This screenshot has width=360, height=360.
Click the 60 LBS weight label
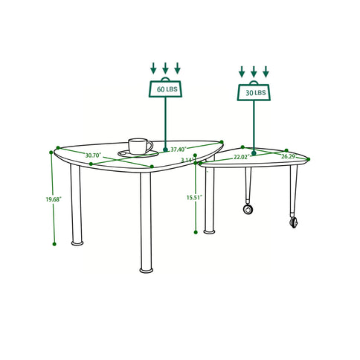coord(166,89)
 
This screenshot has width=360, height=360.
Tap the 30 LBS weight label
coord(254,93)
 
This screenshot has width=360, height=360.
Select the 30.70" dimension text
coord(93,155)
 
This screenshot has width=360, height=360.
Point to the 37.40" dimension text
coord(178,150)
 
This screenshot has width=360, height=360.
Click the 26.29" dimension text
coord(288,156)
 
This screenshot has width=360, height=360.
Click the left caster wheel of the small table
coord(246,210)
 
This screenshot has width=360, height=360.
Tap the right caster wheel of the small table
coord(294,221)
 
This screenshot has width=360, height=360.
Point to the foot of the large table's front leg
coord(146,269)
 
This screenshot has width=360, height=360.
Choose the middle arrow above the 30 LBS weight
coord(254,72)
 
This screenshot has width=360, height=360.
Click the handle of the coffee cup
coord(150,145)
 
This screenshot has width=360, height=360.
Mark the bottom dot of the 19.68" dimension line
coord(54,242)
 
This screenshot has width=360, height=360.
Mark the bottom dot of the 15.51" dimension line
coord(196,231)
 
